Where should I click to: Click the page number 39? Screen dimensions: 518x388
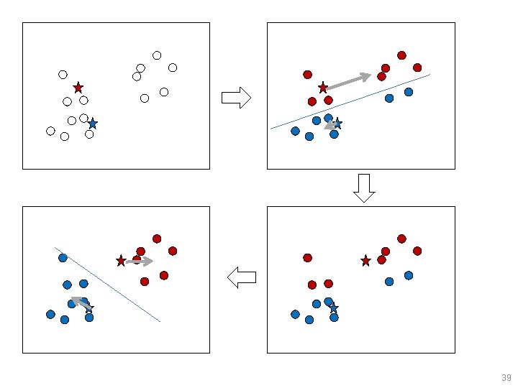[x=506, y=378]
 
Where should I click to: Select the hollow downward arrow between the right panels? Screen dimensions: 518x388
[x=364, y=188]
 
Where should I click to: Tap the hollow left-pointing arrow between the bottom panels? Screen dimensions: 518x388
[x=241, y=277]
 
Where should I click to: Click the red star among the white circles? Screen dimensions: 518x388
[x=78, y=88]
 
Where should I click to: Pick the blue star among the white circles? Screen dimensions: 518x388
[x=92, y=124]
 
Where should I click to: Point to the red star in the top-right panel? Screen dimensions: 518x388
[x=323, y=87]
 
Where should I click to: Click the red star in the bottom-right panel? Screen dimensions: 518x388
[x=365, y=260]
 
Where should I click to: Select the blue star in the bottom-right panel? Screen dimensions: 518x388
[x=333, y=308]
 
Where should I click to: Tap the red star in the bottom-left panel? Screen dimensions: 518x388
[x=121, y=261]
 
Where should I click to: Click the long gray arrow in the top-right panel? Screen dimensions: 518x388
[x=347, y=80]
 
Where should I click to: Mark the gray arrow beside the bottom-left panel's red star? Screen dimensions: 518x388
[x=140, y=262]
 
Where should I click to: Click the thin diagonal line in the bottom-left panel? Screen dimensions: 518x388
[x=108, y=285]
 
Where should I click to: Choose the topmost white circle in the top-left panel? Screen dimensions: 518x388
[x=157, y=55]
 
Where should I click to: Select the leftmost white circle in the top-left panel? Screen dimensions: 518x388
[x=50, y=131]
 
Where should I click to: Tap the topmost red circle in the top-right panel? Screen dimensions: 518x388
[x=401, y=55]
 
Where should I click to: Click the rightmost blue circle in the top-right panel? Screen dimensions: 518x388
[x=409, y=92]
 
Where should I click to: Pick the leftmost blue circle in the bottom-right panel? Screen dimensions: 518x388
[x=295, y=314]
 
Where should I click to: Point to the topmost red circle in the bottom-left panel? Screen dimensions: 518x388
[x=157, y=239]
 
